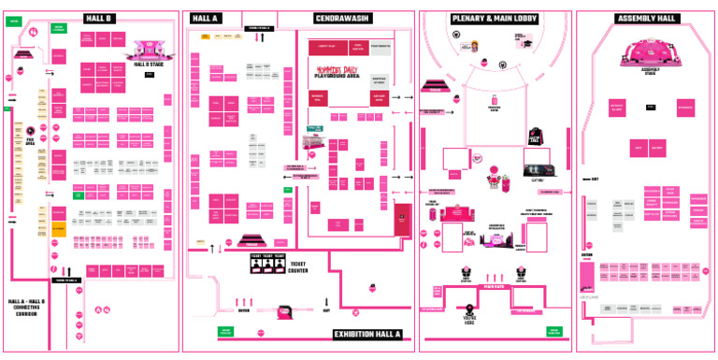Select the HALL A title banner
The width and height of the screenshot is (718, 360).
point(206,18)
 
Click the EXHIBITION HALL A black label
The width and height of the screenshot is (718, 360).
point(367,334)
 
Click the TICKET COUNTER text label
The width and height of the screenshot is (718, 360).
point(298,267)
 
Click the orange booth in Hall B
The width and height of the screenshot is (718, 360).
point(58,228)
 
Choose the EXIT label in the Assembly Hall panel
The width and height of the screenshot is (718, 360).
point(592,179)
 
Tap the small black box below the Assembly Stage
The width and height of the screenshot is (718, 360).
point(650,108)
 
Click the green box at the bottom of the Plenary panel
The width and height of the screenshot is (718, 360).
point(553,331)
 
